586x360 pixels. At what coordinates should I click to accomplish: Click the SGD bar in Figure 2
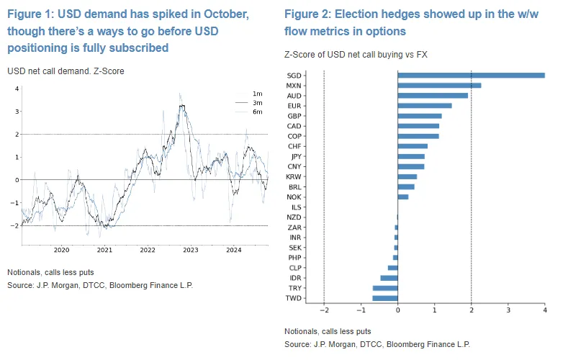point(471,75)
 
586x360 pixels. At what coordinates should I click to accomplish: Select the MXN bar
point(439,85)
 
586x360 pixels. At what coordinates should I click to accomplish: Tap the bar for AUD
point(433,95)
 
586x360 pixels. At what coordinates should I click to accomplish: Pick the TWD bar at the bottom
point(385,298)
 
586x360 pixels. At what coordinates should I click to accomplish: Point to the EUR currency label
point(294,106)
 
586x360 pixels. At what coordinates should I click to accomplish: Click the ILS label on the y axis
point(295,207)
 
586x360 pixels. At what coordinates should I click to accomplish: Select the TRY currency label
point(294,288)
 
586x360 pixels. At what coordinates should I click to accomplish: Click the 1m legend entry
point(257,94)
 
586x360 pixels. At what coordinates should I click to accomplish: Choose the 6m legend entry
point(257,112)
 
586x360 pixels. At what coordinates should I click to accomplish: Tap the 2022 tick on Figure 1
point(148,250)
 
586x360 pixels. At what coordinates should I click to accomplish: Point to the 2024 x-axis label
point(233,250)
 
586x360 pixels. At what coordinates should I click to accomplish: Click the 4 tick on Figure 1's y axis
point(16,88)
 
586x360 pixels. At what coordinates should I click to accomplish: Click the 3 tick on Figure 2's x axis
point(508,310)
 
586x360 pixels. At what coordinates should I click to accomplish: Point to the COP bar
point(418,136)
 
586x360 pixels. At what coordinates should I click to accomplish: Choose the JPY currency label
point(294,156)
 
